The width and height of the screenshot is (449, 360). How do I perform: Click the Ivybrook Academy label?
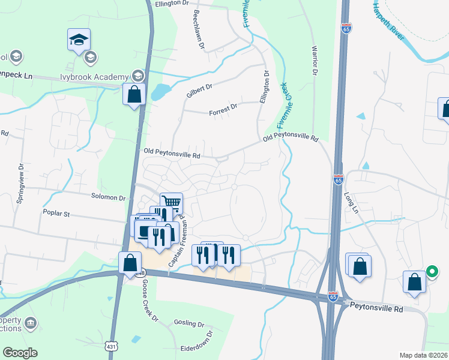[x=95, y=77]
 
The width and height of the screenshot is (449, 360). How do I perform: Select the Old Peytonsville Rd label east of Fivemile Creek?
[x=290, y=139]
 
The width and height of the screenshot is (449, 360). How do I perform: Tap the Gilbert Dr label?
[x=199, y=91]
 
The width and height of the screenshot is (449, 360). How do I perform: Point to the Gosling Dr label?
[x=189, y=323]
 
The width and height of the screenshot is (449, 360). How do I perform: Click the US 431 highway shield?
[x=110, y=347]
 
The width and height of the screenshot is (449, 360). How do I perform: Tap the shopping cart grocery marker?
[x=172, y=202]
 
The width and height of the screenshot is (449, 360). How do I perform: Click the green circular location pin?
[x=431, y=272]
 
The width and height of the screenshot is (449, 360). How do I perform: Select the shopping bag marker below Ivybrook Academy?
[x=134, y=94]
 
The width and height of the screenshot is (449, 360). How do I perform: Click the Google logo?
[x=20, y=353]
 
